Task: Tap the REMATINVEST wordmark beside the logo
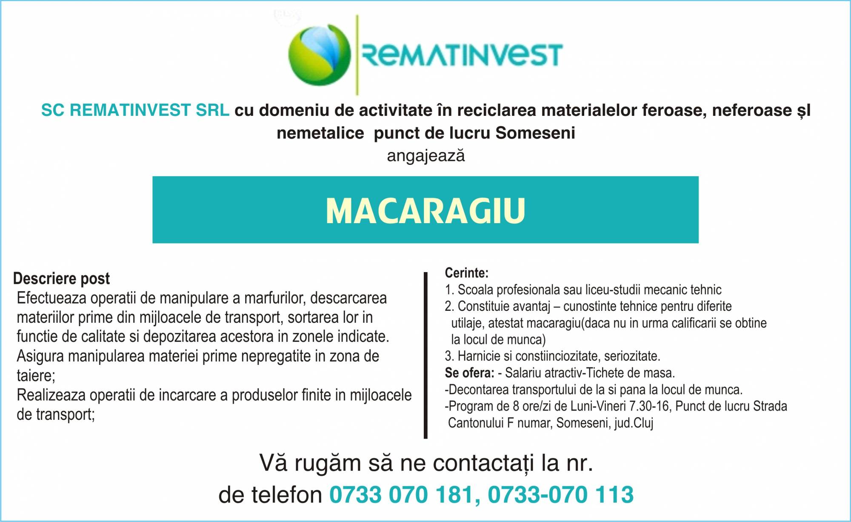pos(462,55)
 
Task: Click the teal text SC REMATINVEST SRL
pos(135,110)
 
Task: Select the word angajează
pos(426,156)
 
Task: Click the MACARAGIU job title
pos(425,210)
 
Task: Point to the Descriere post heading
pos(62,278)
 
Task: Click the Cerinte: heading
pos(467,272)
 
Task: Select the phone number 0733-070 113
pos(561,495)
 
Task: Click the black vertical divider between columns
pos(425,355)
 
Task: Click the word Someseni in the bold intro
pos(535,133)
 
